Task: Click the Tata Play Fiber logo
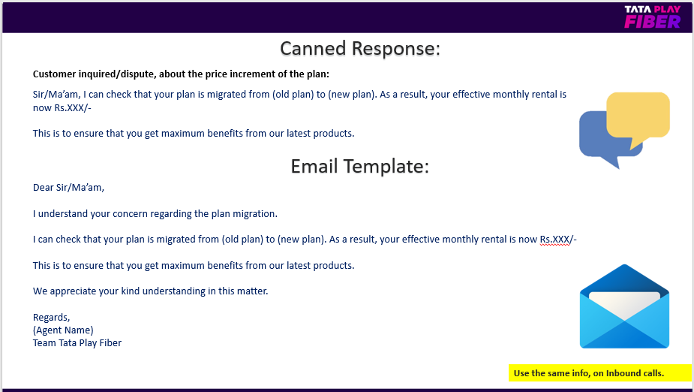point(653,17)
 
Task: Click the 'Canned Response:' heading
point(360,48)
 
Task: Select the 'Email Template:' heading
point(360,166)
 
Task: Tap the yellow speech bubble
point(638,117)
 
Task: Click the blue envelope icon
point(624,306)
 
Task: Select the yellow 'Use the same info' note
point(599,373)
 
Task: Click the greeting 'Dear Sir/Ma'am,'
point(68,188)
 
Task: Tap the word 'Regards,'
point(51,318)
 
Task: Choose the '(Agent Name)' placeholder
point(63,330)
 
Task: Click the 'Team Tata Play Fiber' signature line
point(77,343)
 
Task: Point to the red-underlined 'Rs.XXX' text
point(554,240)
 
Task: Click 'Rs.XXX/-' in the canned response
point(73,107)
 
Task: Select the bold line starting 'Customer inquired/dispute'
point(181,74)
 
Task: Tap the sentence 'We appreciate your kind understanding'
point(151,291)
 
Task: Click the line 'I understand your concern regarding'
point(155,214)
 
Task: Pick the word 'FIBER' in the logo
point(653,22)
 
